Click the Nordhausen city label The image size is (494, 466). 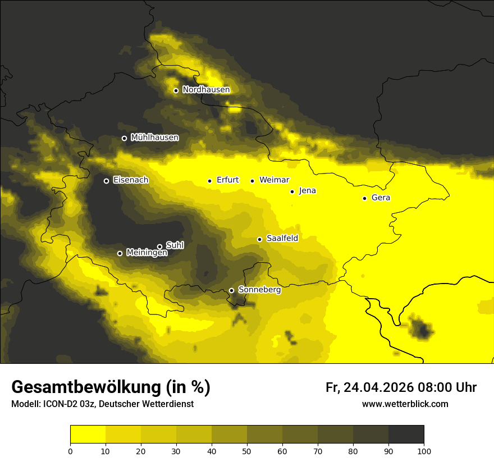point(206,89)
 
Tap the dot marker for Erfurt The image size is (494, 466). point(209,181)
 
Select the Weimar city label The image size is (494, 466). point(274,180)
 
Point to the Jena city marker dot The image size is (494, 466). point(292,191)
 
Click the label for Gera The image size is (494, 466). point(381,198)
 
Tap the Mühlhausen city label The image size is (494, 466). point(154,137)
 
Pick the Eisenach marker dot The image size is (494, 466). point(106,181)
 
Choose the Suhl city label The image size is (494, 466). point(175,245)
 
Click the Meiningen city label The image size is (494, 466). point(147,253)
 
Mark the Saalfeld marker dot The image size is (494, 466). point(259,239)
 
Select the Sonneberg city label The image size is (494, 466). point(259,290)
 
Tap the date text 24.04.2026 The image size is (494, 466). point(379,387)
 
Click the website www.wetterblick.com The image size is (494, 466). point(405,404)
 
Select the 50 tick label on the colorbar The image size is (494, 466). point(247,451)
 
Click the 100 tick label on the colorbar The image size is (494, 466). point(423,451)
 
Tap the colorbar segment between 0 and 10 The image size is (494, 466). point(88,435)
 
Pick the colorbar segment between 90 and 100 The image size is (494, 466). point(406,435)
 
